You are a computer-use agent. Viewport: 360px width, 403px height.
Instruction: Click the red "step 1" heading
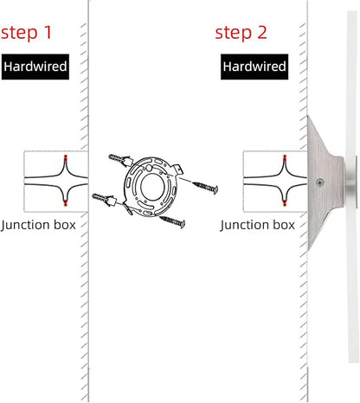[x=26, y=33]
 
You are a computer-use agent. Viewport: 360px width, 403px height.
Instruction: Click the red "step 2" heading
[x=241, y=33]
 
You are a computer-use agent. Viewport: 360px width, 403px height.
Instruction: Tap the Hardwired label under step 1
[x=35, y=67]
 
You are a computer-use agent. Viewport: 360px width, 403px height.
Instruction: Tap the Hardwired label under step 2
[x=254, y=67]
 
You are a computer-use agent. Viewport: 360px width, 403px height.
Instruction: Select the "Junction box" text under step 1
[x=38, y=225]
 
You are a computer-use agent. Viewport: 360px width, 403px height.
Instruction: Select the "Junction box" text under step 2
[x=257, y=225]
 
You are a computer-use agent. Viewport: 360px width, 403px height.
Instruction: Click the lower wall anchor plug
[x=104, y=200]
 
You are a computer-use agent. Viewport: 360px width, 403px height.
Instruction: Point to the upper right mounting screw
[x=205, y=188]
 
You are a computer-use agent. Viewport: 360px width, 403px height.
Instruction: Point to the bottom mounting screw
[x=172, y=221]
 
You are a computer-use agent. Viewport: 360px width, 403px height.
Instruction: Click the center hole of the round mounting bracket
[x=152, y=187]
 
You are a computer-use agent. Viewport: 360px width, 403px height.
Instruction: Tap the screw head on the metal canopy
[x=319, y=182]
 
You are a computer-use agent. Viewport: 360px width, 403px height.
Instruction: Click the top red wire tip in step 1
[x=66, y=157]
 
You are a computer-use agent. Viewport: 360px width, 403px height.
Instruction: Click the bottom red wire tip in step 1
[x=66, y=202]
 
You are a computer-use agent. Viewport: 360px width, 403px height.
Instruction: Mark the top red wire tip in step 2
[x=285, y=157]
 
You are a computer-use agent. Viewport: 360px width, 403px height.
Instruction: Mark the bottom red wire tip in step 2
[x=285, y=202]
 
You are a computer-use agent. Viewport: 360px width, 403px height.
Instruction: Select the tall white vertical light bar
[x=352, y=187]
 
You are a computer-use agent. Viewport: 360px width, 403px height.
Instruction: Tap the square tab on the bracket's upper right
[x=178, y=169]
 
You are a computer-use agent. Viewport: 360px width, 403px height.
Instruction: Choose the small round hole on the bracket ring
[x=148, y=168]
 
